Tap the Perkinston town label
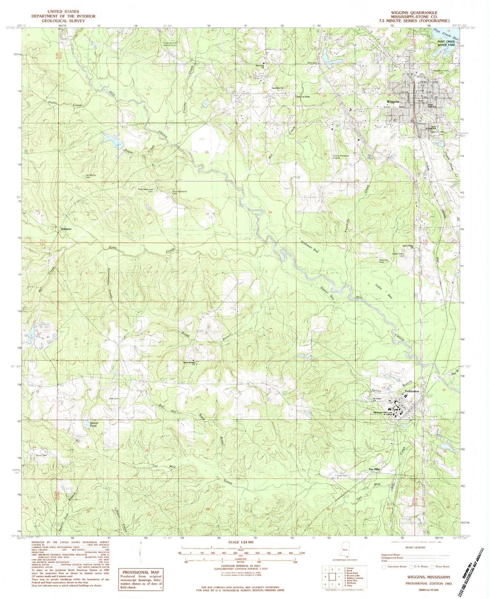[x=411, y=391]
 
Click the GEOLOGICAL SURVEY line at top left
[x=63, y=21]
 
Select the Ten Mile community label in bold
[x=374, y=469]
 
